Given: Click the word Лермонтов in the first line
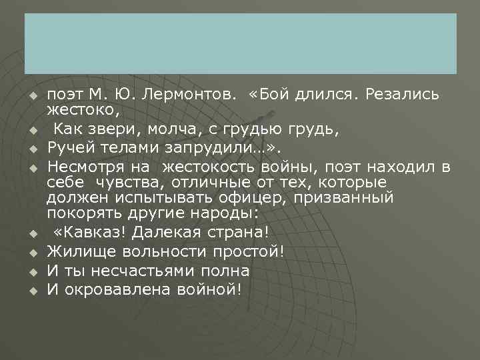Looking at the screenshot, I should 193,93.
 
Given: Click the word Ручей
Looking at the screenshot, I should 67,146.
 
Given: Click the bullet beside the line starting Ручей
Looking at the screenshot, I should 33,147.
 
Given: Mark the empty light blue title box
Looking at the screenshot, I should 240,43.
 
